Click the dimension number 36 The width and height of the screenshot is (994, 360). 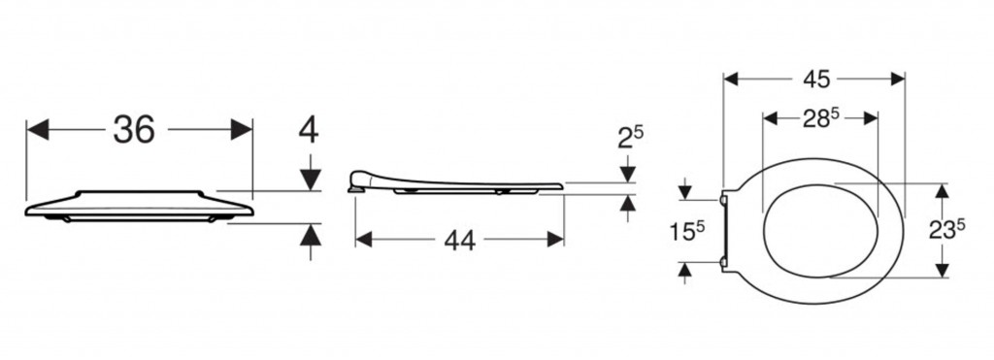(x=134, y=129)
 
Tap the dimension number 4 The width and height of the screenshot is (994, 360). (x=309, y=131)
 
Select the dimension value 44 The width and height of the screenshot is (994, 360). (x=459, y=240)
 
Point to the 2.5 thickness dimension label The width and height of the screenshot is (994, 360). (x=630, y=137)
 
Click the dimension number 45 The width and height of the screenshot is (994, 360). (x=815, y=79)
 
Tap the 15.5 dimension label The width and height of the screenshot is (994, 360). (x=687, y=231)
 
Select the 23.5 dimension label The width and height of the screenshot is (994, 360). (x=946, y=231)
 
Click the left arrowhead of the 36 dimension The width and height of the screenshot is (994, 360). (x=38, y=129)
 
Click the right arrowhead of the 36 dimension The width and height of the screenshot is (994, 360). (x=242, y=129)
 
